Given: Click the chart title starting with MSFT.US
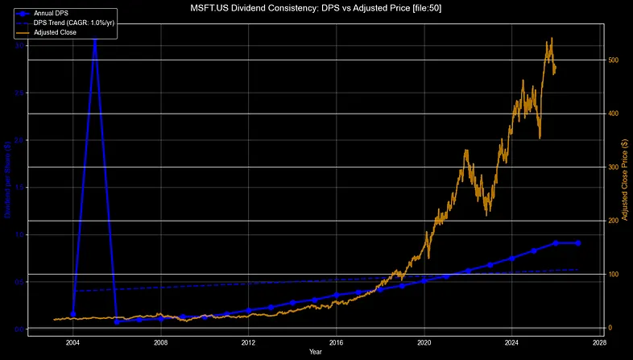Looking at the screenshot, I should pos(316,7).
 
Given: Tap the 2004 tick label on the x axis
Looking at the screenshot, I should pos(73,341).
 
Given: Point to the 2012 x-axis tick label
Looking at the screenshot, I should pos(249,341).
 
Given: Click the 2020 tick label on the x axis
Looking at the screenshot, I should pos(424,341).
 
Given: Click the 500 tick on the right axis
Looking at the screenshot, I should pos(614,60).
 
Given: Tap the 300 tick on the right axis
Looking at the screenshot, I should pos(614,168).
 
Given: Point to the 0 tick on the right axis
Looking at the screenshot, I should pos(610,328).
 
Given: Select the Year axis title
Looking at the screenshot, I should pos(316,352).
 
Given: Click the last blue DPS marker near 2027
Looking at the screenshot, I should pos(578,243).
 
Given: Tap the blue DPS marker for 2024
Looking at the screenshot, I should pos(512,258).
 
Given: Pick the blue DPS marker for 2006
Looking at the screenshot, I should pos(117,322).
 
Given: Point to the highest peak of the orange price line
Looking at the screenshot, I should pos(551,38).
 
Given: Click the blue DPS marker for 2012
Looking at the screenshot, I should pos(249,310).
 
